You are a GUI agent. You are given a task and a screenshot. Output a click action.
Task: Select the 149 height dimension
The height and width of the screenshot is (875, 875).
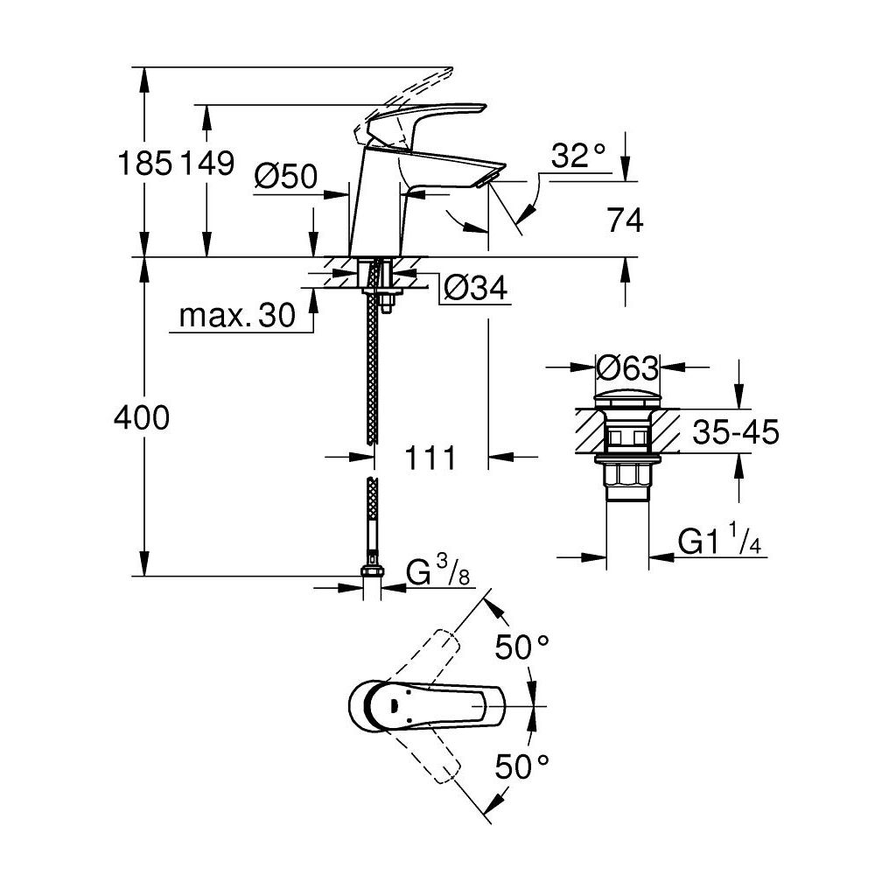(208, 163)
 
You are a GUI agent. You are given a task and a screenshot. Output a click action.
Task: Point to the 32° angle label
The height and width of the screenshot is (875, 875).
(578, 157)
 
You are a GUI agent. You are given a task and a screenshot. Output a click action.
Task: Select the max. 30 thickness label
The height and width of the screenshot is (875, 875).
(237, 316)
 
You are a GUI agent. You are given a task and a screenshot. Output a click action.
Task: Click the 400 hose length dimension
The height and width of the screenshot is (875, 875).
(142, 419)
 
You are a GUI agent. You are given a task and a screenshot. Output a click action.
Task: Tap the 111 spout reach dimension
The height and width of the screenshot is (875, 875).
(430, 457)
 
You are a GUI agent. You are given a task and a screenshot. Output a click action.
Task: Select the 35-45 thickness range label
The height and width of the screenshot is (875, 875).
(735, 432)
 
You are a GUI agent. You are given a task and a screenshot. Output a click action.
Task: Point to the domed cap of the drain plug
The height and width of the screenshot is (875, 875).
(626, 395)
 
